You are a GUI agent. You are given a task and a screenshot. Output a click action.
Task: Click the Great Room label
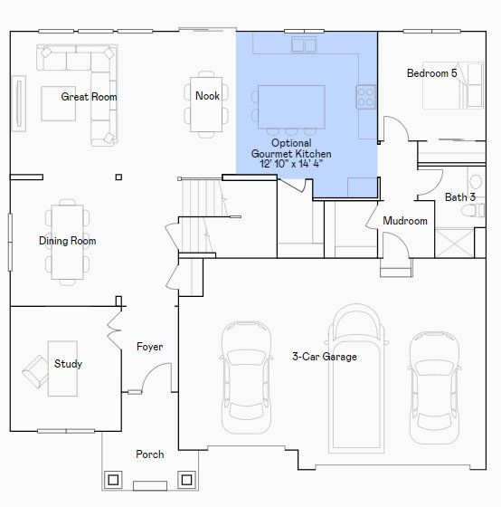(x=89, y=97)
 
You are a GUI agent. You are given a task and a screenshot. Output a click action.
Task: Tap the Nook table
(x=206, y=104)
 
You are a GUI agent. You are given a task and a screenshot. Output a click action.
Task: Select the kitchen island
(x=291, y=107)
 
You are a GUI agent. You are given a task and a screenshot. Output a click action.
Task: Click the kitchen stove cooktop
(x=366, y=97)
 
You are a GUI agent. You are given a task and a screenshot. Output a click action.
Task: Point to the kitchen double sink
(x=304, y=44)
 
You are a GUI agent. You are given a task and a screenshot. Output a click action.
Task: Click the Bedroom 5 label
(x=432, y=73)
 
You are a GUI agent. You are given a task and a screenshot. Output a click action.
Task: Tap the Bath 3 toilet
(x=474, y=211)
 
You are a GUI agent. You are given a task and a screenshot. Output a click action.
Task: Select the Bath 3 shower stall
(x=455, y=243)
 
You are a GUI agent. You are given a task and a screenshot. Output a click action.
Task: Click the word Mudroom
(x=405, y=221)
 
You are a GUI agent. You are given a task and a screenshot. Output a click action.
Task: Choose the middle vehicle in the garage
(x=356, y=378)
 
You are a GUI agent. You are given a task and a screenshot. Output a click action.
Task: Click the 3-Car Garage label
(x=325, y=357)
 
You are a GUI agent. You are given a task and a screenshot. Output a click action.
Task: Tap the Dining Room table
(x=68, y=243)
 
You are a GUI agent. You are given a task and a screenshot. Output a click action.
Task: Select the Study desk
(x=62, y=368)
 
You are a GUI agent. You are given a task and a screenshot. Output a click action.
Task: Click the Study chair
(x=35, y=371)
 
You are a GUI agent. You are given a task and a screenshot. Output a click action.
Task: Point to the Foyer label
(x=149, y=347)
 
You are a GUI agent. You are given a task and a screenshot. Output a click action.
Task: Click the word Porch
(x=150, y=454)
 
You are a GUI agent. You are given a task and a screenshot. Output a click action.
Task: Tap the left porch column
(x=113, y=480)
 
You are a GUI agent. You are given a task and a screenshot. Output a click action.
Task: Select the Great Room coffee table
(x=59, y=103)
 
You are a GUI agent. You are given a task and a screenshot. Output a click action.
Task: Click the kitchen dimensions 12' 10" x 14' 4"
(x=291, y=164)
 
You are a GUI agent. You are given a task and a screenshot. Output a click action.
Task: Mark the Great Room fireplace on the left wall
(x=19, y=103)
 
